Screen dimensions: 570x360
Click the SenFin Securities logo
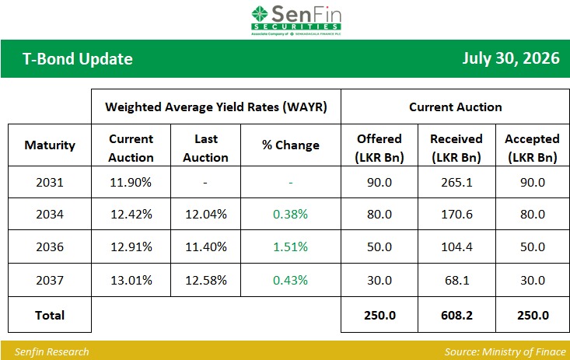296,20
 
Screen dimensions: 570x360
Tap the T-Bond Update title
78,59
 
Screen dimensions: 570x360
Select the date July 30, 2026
511,58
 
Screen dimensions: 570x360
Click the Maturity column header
50,145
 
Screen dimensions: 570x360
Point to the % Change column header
291,145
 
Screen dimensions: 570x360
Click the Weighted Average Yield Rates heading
216,107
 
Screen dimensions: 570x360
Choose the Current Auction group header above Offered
456,107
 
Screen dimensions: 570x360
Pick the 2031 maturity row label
50,182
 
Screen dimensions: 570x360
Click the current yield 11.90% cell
131,182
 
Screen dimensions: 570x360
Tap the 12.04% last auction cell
206,214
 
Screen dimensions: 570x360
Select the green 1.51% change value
291,247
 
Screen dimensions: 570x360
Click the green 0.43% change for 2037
291,281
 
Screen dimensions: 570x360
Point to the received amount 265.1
456,182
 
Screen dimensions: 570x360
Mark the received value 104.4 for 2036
456,247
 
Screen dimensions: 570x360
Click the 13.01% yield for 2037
131,281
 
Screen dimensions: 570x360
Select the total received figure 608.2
456,315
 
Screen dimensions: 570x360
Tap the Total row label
50,315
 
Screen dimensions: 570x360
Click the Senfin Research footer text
51,352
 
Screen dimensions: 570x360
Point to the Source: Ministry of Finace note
505,352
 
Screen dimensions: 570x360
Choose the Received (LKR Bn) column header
456,148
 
